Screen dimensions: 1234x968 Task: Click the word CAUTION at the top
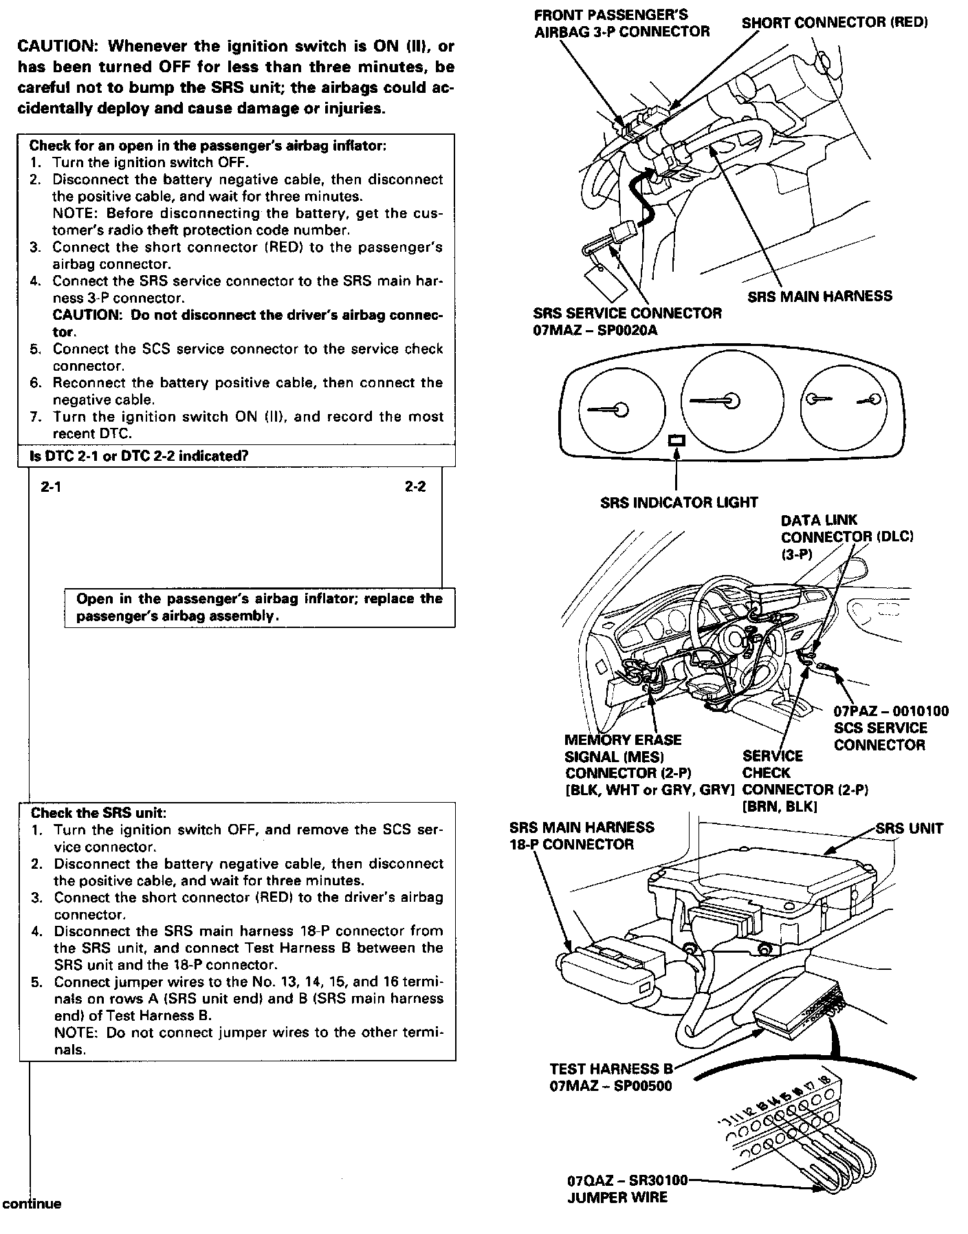[58, 47]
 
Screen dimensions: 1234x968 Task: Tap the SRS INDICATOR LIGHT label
[679, 503]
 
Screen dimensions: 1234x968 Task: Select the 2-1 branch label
[51, 487]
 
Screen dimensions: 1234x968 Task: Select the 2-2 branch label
[415, 487]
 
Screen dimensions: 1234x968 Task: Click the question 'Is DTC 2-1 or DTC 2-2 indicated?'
[139, 456]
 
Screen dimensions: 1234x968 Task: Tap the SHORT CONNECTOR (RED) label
[835, 23]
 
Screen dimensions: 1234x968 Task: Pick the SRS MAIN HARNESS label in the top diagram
[819, 296]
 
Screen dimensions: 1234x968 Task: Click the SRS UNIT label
[909, 828]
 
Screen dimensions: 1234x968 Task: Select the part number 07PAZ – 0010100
[891, 711]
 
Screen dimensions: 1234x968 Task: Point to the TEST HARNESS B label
[611, 1069]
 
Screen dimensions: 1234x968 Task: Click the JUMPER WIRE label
[617, 1198]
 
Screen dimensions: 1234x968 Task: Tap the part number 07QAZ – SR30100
[627, 1181]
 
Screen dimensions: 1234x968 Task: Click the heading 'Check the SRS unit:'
[99, 813]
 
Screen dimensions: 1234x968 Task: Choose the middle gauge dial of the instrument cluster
[731, 402]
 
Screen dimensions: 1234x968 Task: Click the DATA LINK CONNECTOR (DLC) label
[847, 537]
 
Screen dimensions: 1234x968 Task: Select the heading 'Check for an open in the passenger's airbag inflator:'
[208, 146]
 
